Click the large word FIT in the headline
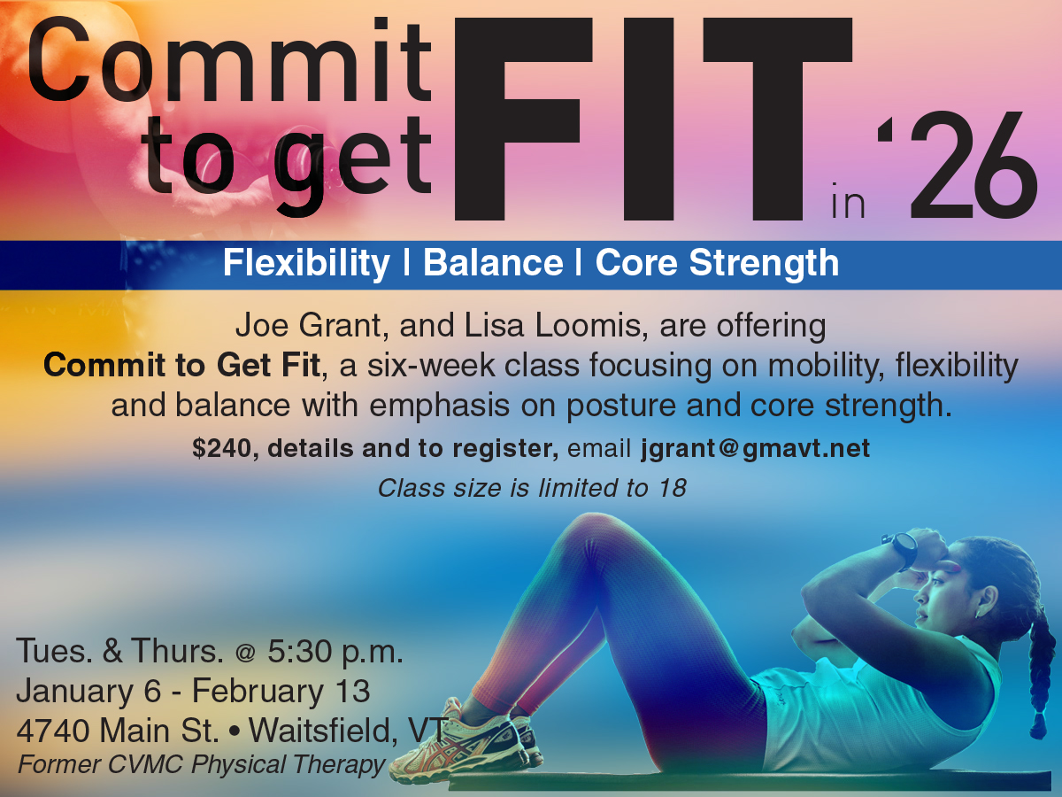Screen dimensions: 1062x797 coord(653,119)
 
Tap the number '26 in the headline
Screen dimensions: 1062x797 coord(957,165)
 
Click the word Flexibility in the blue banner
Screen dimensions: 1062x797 coord(306,264)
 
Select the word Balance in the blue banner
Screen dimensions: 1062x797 coord(493,263)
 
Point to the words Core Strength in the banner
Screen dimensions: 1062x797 coord(717,264)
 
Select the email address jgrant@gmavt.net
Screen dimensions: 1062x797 coord(756,449)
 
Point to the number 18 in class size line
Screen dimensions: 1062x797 coord(673,488)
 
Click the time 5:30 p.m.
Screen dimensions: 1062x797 coord(335,653)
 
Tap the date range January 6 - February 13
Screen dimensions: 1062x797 coord(193,692)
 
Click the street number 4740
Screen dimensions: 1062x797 coord(53,731)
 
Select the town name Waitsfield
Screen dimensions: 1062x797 coord(323,731)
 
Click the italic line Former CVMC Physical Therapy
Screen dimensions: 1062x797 coord(201,765)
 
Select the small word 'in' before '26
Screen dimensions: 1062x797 coord(848,200)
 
